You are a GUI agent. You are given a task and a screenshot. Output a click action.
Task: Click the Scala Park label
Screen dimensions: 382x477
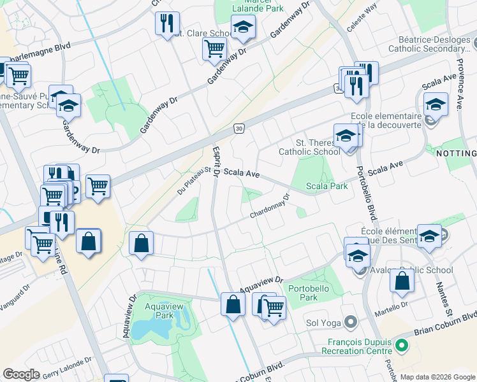(327, 186)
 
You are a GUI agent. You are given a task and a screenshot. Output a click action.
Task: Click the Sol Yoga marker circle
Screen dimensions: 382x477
(349, 322)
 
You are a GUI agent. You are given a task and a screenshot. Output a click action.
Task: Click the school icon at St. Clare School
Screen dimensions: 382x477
(242, 27)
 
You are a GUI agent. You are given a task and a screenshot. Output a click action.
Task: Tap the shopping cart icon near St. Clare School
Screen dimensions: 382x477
(214, 48)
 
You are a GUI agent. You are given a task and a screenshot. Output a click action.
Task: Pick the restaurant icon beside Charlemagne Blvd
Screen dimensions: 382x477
(167, 24)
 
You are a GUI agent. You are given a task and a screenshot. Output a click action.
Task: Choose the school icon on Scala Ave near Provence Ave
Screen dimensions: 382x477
(436, 104)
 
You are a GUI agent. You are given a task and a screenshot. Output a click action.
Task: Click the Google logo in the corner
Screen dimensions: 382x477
(21, 374)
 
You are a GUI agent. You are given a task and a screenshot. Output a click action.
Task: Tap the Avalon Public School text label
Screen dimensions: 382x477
(411, 270)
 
